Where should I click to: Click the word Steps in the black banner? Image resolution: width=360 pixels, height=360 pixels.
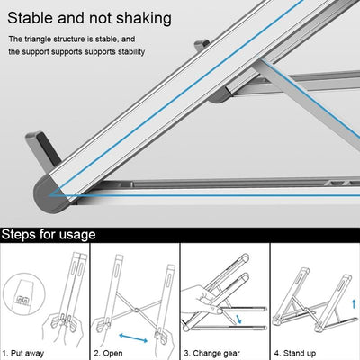click(22, 235)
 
